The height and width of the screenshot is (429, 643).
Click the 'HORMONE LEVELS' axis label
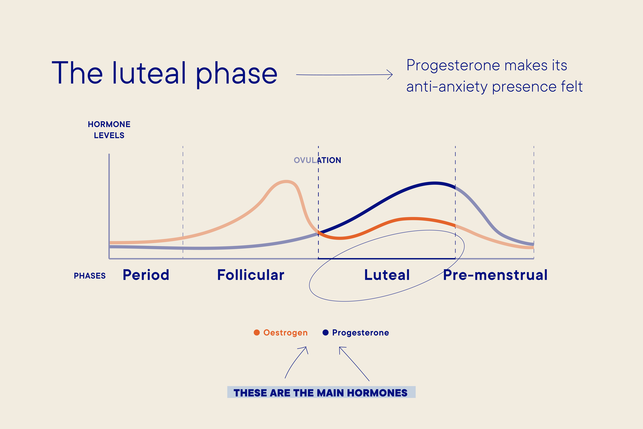point(109,130)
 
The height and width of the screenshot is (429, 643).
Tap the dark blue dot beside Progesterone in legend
point(325,332)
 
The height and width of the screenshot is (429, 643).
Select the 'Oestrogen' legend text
point(285,333)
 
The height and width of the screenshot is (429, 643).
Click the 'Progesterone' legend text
point(360,333)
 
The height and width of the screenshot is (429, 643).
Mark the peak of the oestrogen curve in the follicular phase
point(286,182)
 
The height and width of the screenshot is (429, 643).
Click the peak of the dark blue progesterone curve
point(435,183)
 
